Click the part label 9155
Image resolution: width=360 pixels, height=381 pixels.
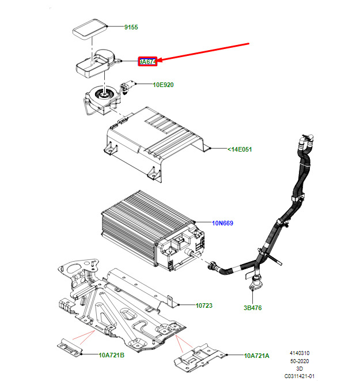tap(131, 27)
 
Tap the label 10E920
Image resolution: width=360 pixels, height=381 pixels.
tap(163, 85)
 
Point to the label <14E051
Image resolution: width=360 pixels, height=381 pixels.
tap(240, 149)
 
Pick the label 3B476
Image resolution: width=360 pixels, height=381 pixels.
tap(252, 308)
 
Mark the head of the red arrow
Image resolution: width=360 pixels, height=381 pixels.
tap(160, 61)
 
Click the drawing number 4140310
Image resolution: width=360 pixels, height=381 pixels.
tap(299, 352)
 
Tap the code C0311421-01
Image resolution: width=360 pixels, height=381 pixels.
tap(299, 375)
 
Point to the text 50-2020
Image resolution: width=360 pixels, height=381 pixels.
tap(299, 360)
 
